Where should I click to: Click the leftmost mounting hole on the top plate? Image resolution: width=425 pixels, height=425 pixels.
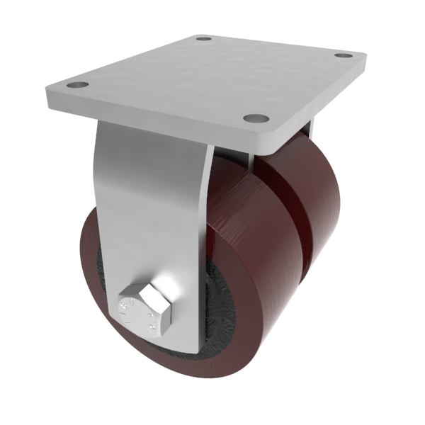coord(78,85)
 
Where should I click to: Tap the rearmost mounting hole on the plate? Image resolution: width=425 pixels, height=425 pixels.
coord(204,38)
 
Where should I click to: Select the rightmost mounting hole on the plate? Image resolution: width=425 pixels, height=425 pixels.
coord(344,55)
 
